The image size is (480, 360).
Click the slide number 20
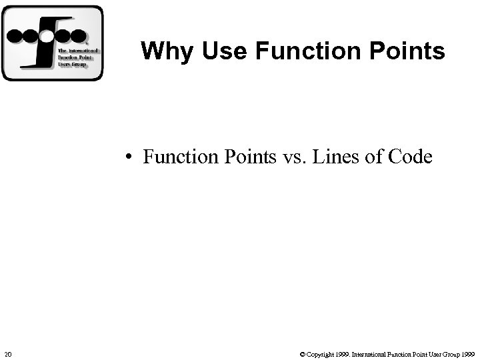pyautogui.click(x=7, y=353)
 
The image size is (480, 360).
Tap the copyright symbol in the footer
pyautogui.click(x=303, y=353)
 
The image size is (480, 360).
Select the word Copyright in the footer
pyautogui.click(x=321, y=353)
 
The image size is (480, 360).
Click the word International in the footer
pyautogui.click(x=370, y=353)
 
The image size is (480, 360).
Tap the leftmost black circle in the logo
pyautogui.click(x=15, y=35)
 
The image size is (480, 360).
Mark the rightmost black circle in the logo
pyautogui.click(x=78, y=35)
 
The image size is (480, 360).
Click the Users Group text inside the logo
pyautogui.click(x=72, y=65)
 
